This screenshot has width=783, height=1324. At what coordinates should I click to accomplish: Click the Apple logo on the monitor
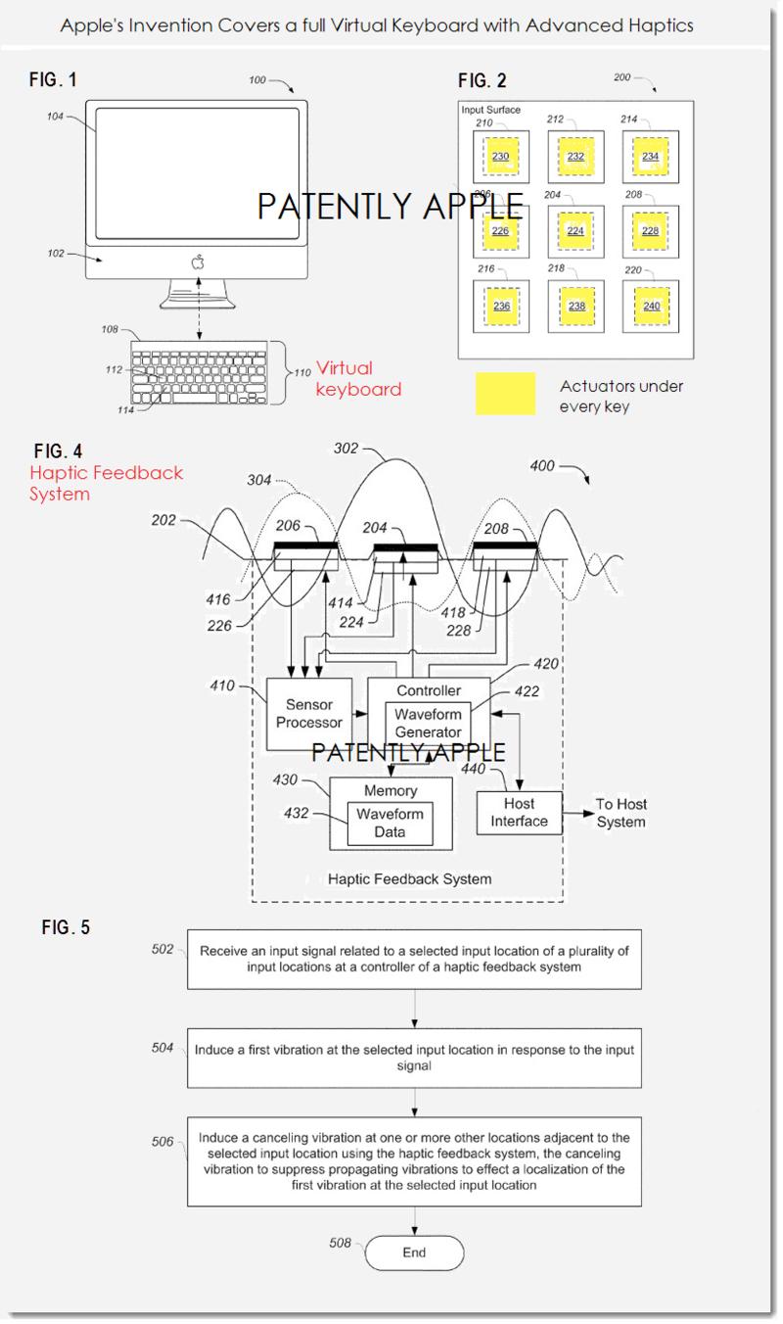[198, 260]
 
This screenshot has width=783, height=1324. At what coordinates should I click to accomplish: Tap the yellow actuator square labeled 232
[576, 156]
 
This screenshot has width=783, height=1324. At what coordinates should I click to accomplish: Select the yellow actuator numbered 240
[651, 306]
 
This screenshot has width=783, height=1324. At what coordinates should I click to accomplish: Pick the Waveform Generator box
[429, 724]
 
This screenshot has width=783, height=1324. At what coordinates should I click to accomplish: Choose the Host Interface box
[520, 813]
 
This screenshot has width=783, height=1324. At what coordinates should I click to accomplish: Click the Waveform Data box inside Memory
[391, 824]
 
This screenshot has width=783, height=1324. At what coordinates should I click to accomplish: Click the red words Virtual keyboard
[357, 379]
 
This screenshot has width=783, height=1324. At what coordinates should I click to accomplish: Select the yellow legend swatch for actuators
[505, 394]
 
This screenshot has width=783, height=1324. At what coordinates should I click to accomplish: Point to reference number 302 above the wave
[345, 449]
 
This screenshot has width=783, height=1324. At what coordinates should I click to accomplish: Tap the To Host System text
[622, 813]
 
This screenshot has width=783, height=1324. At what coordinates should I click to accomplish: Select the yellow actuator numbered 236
[501, 306]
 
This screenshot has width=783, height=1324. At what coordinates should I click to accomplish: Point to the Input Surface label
[491, 110]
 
